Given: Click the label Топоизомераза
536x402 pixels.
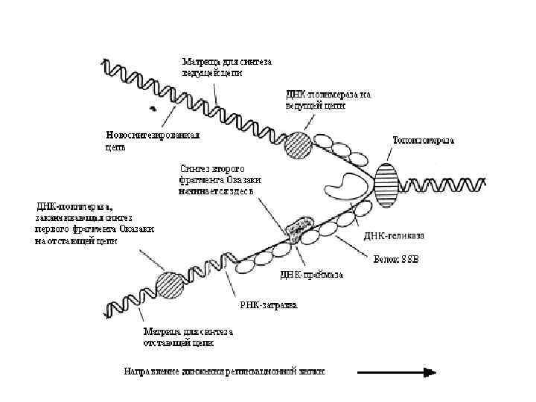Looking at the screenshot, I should pyautogui.click(x=423, y=140).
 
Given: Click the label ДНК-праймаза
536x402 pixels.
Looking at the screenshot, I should pyautogui.click(x=311, y=274).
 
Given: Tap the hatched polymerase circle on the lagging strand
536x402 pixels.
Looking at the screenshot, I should pyautogui.click(x=170, y=285).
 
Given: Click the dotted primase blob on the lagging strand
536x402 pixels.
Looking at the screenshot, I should pyautogui.click(x=301, y=231).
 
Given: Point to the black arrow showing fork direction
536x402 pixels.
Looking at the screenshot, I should pyautogui.click(x=395, y=372).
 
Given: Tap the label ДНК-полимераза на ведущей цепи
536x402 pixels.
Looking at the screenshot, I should pyautogui.click(x=328, y=100).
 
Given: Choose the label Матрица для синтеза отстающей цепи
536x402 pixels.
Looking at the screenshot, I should pyautogui.click(x=188, y=337).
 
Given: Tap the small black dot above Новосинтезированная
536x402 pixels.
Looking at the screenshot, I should pyautogui.click(x=153, y=109).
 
